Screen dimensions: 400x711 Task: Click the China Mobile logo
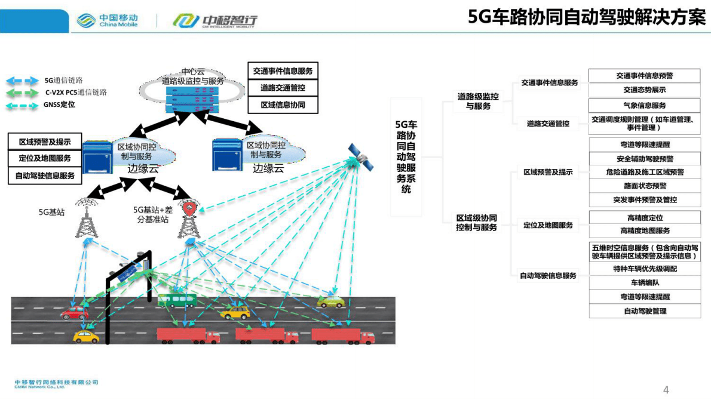click(108, 20)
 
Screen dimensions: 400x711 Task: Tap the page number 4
click(666, 390)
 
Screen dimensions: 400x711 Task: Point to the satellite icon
click(360, 156)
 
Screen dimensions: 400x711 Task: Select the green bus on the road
click(177, 300)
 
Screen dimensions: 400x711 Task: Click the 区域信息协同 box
click(283, 104)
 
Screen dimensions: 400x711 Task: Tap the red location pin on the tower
click(189, 208)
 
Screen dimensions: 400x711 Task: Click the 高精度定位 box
click(644, 218)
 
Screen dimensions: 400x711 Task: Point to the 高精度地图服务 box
click(644, 231)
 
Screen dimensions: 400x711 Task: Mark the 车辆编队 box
click(644, 282)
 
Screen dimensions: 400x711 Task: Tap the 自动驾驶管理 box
click(644, 311)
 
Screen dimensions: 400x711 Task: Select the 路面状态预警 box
click(644, 186)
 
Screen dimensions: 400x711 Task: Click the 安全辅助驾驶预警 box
click(644, 159)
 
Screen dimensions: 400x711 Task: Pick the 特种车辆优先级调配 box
click(644, 269)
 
